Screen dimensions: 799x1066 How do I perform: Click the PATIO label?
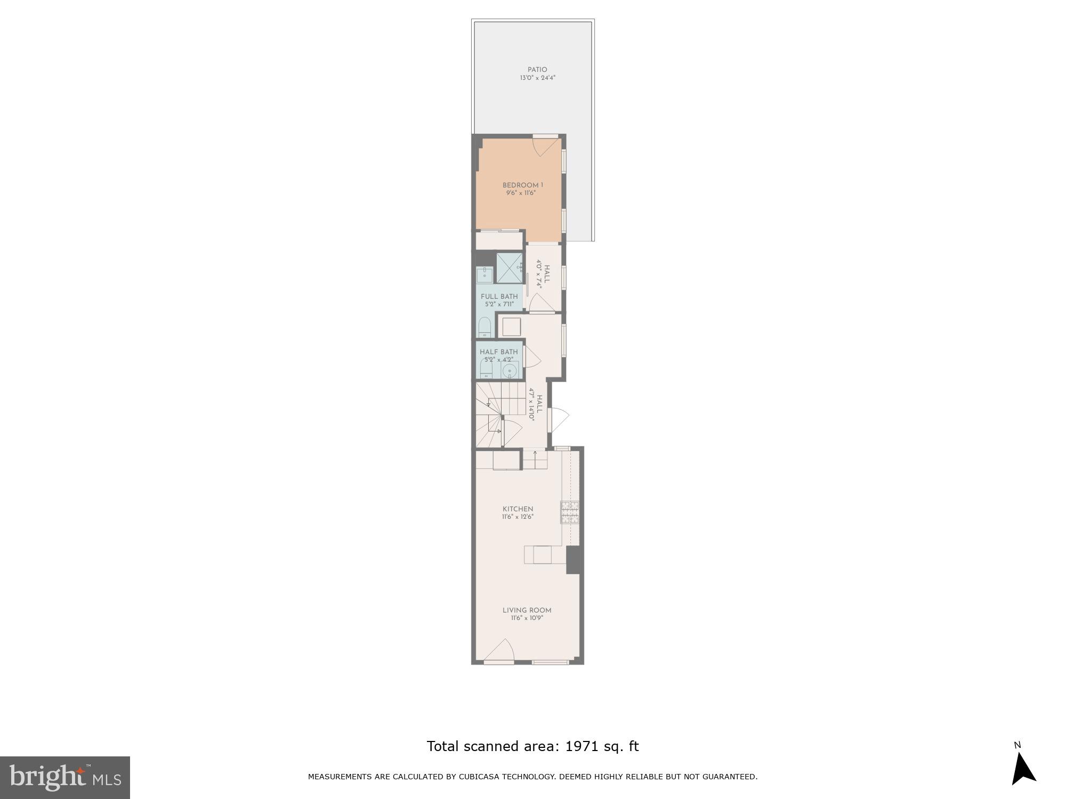[x=537, y=70]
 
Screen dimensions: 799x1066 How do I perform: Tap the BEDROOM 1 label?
[x=522, y=185]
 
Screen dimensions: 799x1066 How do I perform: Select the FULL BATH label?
[x=499, y=297]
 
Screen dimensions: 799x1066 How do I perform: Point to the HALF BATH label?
[x=498, y=352]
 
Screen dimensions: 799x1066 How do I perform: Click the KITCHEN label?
[x=518, y=509]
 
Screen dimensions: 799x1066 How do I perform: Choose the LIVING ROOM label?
[x=527, y=610]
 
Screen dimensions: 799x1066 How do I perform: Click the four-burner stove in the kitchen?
[x=569, y=512]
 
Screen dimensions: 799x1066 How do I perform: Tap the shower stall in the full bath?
[x=510, y=268]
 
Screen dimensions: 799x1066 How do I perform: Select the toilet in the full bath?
[x=484, y=328]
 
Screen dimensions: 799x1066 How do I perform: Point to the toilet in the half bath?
[x=486, y=369]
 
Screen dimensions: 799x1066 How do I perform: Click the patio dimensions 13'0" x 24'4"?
[x=538, y=78]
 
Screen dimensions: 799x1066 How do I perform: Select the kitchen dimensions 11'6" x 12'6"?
[x=518, y=517]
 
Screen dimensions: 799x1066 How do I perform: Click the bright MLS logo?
[x=65, y=778]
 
